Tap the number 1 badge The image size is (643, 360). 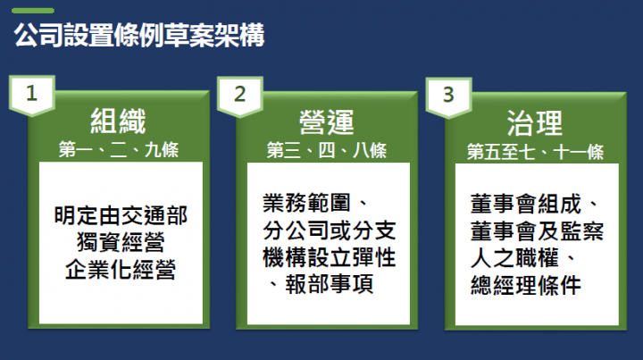pos(32,95)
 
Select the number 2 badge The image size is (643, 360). pos(239,95)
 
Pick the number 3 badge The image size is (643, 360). pos(447,95)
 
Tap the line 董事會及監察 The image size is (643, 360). pos(538,231)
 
